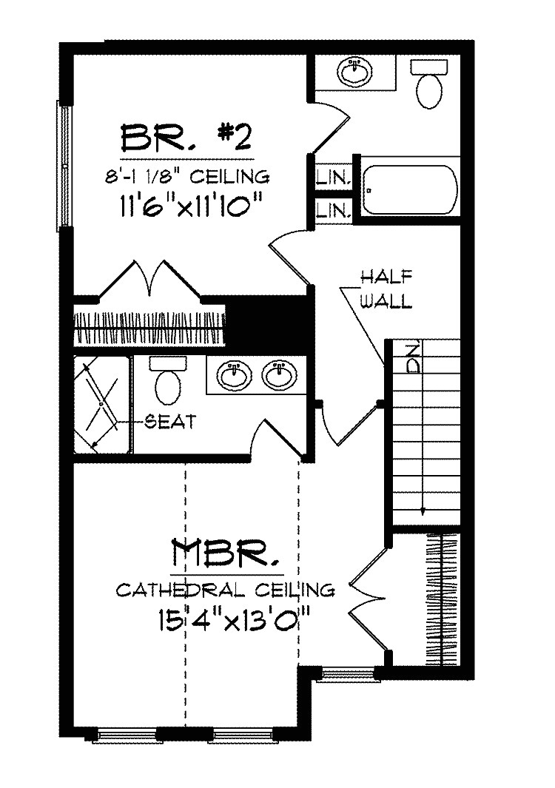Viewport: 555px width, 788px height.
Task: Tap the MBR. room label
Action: pos(226,553)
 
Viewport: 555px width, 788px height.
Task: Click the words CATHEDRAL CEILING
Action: pos(226,590)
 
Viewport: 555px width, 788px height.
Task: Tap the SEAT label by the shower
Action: pos(170,422)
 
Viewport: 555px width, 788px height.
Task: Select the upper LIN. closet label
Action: pos(333,178)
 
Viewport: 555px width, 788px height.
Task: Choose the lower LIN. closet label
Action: pos(333,210)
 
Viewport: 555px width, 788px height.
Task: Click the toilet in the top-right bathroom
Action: pos(428,84)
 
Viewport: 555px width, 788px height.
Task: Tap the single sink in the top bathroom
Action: pos(357,72)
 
